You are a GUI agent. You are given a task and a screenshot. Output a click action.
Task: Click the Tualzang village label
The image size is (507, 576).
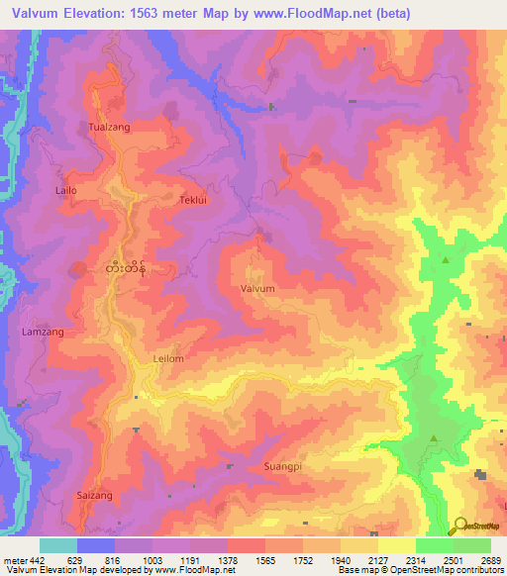(109, 128)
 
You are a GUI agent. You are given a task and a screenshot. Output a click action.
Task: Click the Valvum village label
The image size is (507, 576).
(257, 288)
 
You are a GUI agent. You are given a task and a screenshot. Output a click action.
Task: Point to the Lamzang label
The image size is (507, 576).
(43, 333)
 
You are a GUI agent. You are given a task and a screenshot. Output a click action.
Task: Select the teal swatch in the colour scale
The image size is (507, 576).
(58, 545)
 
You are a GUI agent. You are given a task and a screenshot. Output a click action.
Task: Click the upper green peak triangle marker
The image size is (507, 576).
(446, 260)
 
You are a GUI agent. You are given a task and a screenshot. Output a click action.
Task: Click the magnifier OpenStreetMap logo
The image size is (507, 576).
(460, 525)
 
